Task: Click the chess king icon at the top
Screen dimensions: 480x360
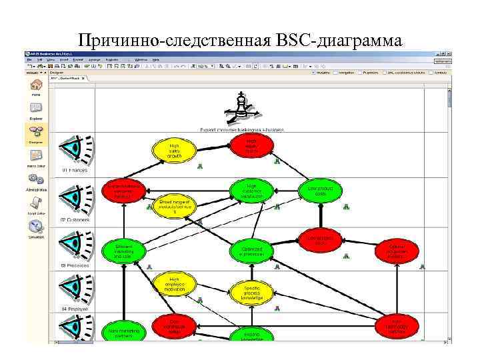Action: [241, 105]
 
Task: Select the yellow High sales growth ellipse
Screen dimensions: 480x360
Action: [174, 151]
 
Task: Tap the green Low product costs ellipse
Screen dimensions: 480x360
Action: [319, 191]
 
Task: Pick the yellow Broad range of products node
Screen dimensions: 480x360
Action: [175, 205]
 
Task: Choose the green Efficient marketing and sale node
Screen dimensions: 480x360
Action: [123, 251]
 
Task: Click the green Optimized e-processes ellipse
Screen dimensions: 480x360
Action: [251, 251]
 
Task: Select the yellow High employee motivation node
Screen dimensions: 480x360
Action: [174, 285]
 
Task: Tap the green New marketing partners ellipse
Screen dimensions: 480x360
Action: [123, 331]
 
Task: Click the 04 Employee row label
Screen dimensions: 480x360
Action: [75, 309]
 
